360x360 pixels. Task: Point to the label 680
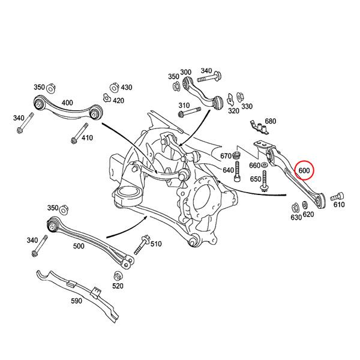[270, 121]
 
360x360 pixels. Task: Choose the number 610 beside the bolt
[340, 205]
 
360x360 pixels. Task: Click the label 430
[126, 88]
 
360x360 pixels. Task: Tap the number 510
[156, 244]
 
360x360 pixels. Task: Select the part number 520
[118, 286]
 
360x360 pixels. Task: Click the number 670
[226, 156]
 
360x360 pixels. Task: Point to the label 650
[256, 179]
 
